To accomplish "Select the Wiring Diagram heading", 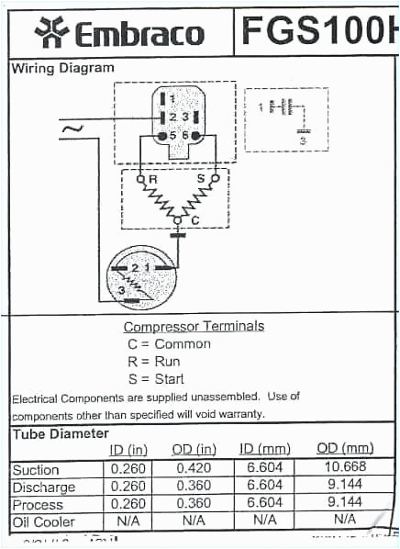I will coord(62,68).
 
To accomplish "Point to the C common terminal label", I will coord(194,221).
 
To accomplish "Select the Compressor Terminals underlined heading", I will coord(194,326).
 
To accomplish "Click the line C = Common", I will coord(169,344).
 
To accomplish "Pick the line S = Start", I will coord(156,378).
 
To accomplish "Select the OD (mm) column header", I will coord(345,448).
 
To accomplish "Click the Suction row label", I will coord(36,469).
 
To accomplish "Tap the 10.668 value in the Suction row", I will coord(345,469).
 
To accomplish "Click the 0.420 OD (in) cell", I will coord(194,469).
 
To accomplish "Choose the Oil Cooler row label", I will coord(43,521).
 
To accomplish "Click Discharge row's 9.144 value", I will coord(345,487).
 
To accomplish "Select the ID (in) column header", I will coord(128,449).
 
